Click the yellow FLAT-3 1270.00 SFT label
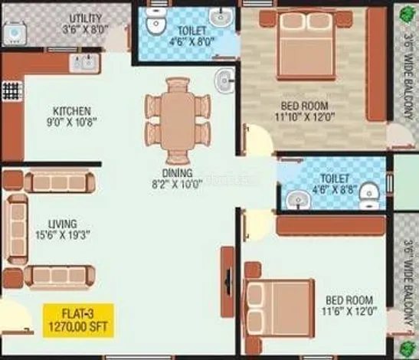pos(78,320)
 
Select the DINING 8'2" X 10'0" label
pos(177,178)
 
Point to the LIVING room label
pos(63,229)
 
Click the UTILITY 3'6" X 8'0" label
pos(86,24)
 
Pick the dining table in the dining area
pos(177,121)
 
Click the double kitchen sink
pos(84,63)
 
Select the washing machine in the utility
pos(15,34)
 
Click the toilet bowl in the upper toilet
pos(156,22)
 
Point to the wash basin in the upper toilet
pos(221,17)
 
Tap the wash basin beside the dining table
pos(224,80)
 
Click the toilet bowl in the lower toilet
pos(369,196)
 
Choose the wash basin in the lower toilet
pos(299,200)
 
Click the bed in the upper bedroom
pos(306,44)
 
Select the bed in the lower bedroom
pos(279,308)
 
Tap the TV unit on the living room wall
pos(228,282)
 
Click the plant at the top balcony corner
pos(407,13)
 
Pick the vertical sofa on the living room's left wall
pos(17,229)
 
